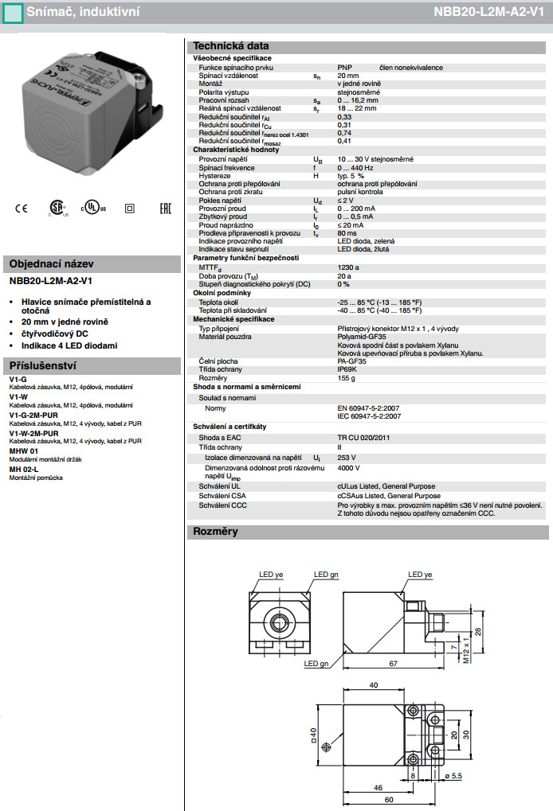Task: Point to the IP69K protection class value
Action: pyautogui.click(x=347, y=369)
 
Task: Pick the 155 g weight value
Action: pyautogui.click(x=346, y=377)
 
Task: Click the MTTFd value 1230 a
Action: pyautogui.click(x=348, y=268)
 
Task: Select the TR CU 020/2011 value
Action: pyautogui.click(x=363, y=437)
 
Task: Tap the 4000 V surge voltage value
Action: pyautogui.click(x=348, y=468)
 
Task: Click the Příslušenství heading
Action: pyautogui.click(x=41, y=365)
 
